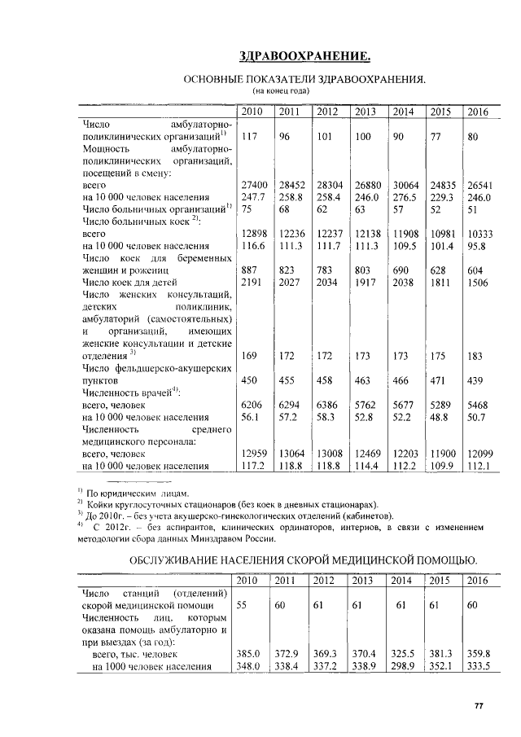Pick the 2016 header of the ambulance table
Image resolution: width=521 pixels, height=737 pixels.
(x=479, y=580)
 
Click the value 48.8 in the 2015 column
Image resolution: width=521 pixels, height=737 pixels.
(x=439, y=417)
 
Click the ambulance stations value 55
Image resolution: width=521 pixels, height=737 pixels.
(x=242, y=606)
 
